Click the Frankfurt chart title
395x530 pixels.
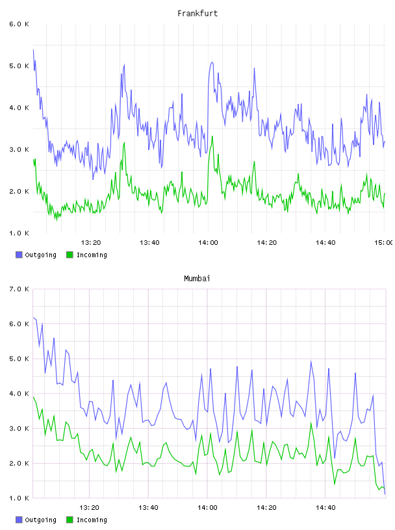click(x=197, y=14)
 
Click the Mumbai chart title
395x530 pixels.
click(x=197, y=279)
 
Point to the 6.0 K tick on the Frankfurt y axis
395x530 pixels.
click(x=19, y=24)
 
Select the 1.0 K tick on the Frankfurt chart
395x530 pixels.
click(x=19, y=233)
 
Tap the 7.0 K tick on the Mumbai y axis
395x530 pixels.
click(x=19, y=289)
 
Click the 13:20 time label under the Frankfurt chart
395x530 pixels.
click(x=91, y=243)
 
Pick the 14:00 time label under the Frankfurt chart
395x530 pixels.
click(x=208, y=243)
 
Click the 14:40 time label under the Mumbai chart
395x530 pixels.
click(x=325, y=508)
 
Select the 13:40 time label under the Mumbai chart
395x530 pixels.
click(x=148, y=508)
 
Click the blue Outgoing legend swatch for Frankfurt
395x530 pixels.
click(x=19, y=255)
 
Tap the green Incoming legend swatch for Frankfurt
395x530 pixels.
click(x=70, y=255)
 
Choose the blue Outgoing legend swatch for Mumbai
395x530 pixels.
click(x=19, y=520)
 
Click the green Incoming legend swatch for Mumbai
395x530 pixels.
click(x=70, y=520)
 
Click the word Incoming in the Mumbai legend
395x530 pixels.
click(x=92, y=520)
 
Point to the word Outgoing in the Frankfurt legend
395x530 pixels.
click(x=40, y=255)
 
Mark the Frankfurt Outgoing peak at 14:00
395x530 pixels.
click(x=212, y=62)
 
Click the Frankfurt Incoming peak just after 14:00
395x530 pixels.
click(x=212, y=136)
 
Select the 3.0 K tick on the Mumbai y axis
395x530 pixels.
click(x=19, y=429)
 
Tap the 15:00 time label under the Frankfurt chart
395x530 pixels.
click(x=384, y=243)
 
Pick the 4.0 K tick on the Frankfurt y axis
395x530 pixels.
click(x=19, y=108)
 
